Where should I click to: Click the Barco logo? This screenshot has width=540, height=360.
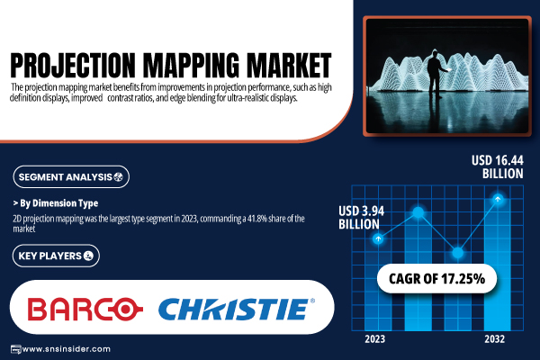(85, 309)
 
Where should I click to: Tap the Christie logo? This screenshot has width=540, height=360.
(237, 309)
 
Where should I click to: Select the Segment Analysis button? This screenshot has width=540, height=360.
(71, 177)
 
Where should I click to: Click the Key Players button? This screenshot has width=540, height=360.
(56, 256)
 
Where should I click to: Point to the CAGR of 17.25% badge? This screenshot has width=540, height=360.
(436, 279)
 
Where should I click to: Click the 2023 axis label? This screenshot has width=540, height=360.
(375, 339)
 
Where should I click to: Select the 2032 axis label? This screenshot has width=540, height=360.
(494, 339)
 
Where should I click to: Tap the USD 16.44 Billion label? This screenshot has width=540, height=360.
(498, 167)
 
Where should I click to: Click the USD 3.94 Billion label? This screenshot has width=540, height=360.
(361, 218)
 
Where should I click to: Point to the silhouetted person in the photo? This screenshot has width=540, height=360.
(436, 74)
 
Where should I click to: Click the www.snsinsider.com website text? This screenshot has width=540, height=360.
(66, 349)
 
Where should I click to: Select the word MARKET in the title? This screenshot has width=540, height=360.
(289, 65)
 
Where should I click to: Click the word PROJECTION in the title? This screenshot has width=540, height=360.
(72, 65)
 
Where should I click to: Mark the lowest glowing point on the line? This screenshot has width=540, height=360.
(458, 253)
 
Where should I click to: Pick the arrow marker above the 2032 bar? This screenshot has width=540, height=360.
(498, 199)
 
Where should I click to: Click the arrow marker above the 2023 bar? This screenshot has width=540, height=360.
(378, 238)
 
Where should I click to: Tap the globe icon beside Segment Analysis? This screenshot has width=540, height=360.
(119, 177)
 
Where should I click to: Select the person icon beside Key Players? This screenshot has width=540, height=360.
(88, 256)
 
